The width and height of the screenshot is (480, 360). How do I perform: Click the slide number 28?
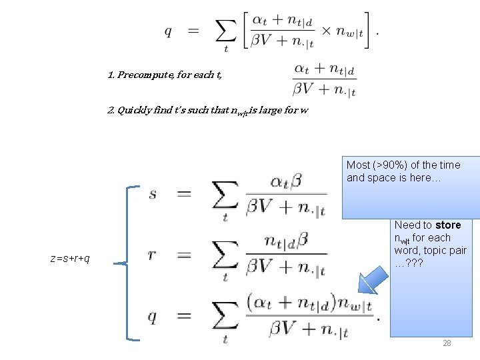pos(447,343)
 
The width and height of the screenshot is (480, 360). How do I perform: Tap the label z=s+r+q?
pos(70,258)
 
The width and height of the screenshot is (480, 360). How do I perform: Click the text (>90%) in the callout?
pos(389,165)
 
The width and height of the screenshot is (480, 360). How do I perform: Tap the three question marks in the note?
pos(413,263)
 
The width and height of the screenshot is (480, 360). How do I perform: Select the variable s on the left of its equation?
pos(153,194)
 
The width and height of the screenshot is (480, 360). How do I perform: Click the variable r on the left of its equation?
pos(153,255)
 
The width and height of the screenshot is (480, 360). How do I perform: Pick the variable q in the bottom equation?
pos(153,316)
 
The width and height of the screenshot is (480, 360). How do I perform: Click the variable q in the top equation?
pos(168,31)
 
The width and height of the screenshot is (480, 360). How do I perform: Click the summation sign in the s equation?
pos(225,195)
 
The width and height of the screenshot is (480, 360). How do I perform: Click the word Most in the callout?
pos(359,165)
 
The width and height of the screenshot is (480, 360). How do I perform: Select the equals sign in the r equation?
pos(185,255)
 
